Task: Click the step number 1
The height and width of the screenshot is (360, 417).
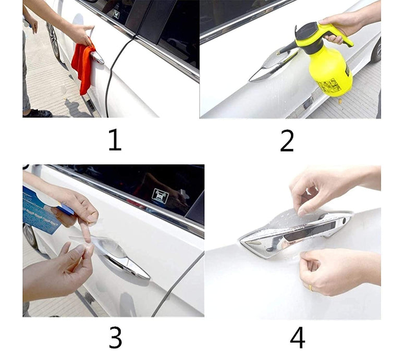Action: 115,140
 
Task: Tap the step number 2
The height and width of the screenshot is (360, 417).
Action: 287,140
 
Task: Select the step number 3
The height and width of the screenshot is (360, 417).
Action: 115,337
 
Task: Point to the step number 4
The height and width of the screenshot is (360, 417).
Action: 297,337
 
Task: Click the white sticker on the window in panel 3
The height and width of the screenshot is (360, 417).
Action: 160,196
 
